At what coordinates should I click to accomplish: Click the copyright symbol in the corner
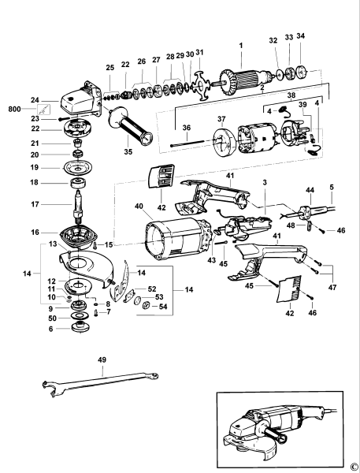click(x=354, y=466)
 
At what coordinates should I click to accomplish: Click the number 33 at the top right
click(x=288, y=37)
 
